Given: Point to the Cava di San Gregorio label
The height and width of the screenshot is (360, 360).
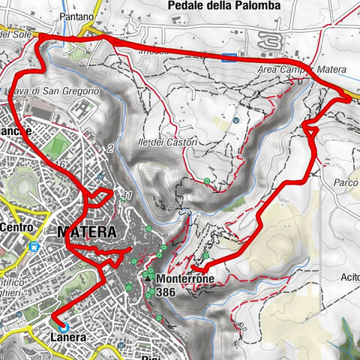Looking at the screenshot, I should [54, 91].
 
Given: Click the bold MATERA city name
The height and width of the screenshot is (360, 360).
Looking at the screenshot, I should [86, 232].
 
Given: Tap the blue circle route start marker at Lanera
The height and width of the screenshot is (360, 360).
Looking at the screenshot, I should [63, 326].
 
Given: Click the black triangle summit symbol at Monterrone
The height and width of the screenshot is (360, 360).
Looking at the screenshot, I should [150, 277].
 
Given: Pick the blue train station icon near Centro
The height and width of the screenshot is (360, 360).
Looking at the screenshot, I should [33, 245].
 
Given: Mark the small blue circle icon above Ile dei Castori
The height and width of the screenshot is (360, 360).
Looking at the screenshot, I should [236, 119].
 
